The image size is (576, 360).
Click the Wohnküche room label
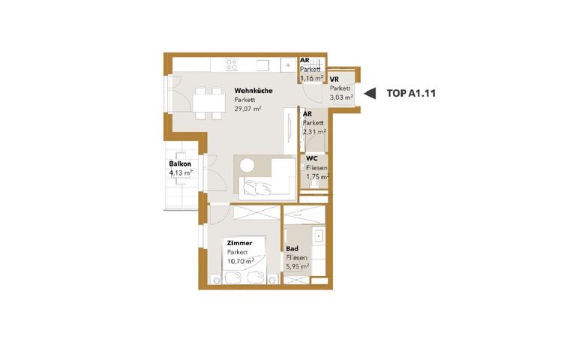pyautogui.click(x=253, y=91)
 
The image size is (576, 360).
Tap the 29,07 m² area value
pyautogui.click(x=247, y=109)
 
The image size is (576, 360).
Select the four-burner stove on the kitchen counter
pyautogui.click(x=232, y=65)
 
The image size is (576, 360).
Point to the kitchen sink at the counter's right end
pyautogui.click(x=288, y=65)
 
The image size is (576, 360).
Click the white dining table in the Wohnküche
pyautogui.click(x=209, y=103)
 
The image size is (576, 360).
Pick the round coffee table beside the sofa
pyautogui.click(x=247, y=166)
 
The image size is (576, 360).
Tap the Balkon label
pyautogui.click(x=180, y=163)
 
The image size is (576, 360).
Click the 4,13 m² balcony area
pyautogui.click(x=181, y=172)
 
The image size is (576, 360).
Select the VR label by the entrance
pyautogui.click(x=334, y=79)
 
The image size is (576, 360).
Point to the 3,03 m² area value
pyautogui.click(x=342, y=97)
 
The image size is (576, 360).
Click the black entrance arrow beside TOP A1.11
pyautogui.click(x=370, y=93)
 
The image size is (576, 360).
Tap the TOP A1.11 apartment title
pyautogui.click(x=411, y=93)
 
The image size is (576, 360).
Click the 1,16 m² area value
pyautogui.click(x=312, y=78)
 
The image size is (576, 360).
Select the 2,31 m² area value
pyautogui.click(x=314, y=131)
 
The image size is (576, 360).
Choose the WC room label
pyautogui.click(x=312, y=159)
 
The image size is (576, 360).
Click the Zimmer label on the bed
pyautogui.click(x=239, y=243)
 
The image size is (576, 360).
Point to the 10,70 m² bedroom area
pyautogui.click(x=241, y=262)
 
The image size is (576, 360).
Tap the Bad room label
pyautogui.click(x=292, y=249)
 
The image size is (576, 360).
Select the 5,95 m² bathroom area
pyautogui.click(x=298, y=267)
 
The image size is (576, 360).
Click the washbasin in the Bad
pyautogui.click(x=319, y=235)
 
